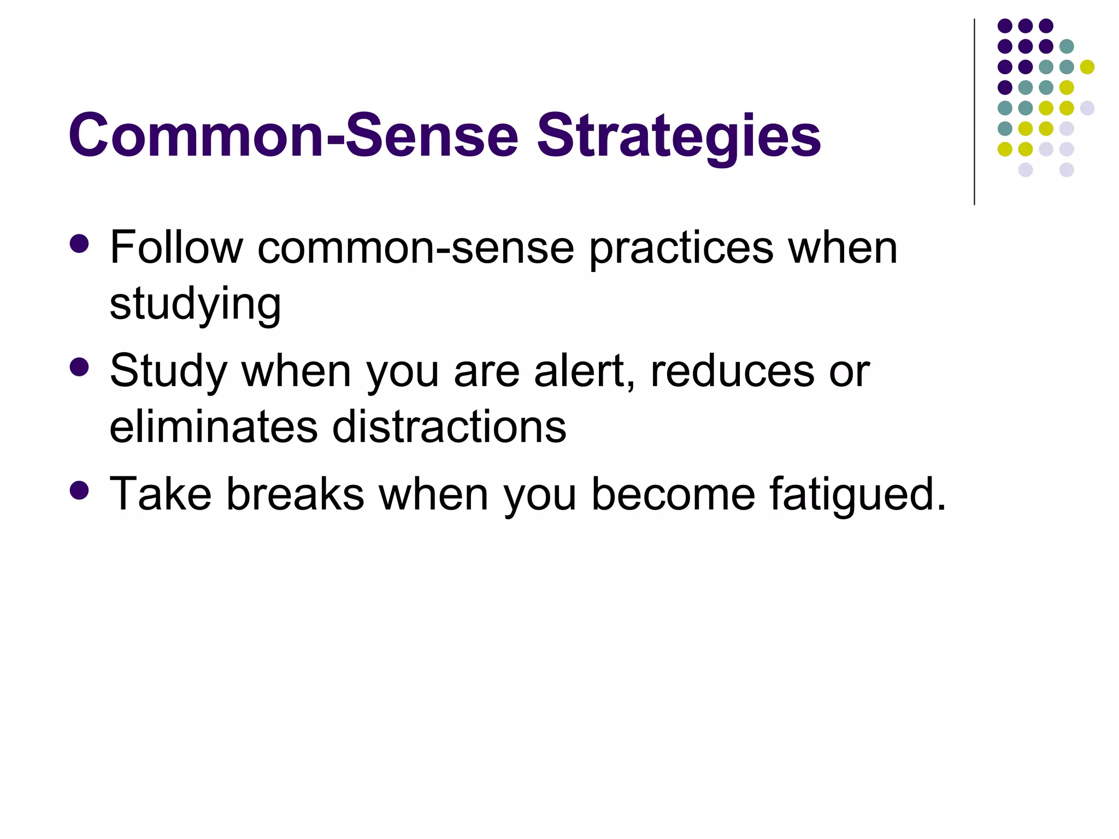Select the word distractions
tap(449, 427)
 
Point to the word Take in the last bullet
tap(161, 494)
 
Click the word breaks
tap(295, 494)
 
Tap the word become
tap(673, 494)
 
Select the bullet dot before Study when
tap(80, 367)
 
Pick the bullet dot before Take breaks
tap(80, 490)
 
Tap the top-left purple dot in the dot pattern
tap(1005, 26)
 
